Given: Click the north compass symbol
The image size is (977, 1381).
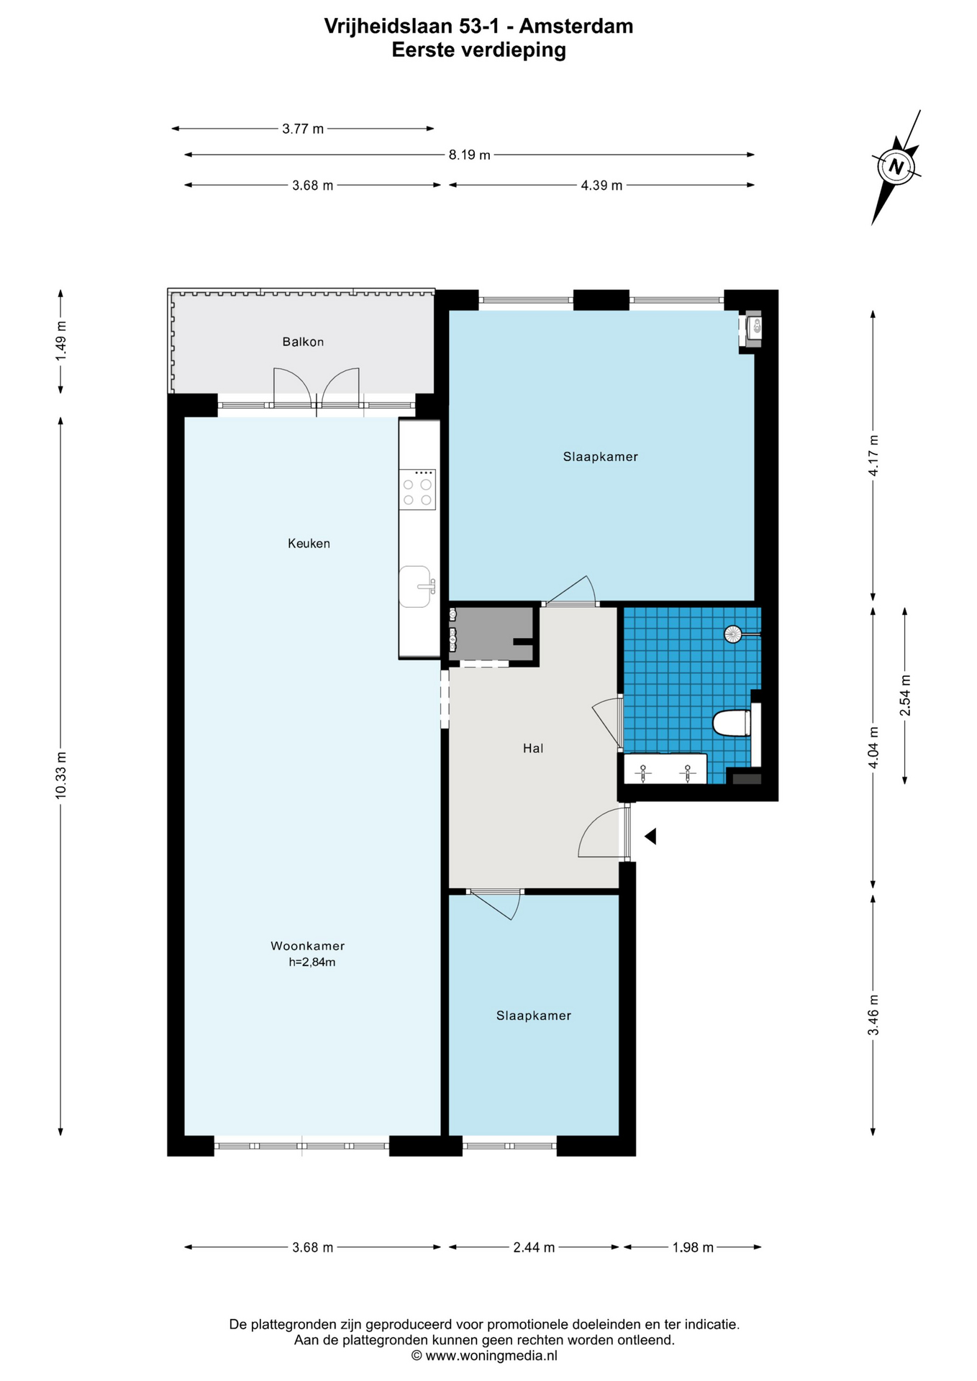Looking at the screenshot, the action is click(x=896, y=167).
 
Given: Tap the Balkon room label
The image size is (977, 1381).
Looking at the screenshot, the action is click(x=303, y=342).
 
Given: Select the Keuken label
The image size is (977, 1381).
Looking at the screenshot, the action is click(x=309, y=543).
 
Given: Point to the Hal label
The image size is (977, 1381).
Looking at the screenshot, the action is click(x=533, y=748).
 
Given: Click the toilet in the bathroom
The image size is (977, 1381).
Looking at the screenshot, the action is click(x=732, y=723).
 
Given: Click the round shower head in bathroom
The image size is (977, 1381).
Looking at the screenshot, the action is click(x=732, y=634).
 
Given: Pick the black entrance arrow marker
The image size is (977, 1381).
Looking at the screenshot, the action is click(x=650, y=836).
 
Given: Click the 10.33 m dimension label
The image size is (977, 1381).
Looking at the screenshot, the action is click(x=60, y=775).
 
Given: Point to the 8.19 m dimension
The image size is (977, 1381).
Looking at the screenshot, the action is click(x=470, y=155).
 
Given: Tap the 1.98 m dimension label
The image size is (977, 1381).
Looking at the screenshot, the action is click(x=693, y=1247).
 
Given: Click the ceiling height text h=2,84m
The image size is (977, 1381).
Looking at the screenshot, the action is click(x=312, y=962).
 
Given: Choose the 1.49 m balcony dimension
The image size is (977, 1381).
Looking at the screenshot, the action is click(x=60, y=341).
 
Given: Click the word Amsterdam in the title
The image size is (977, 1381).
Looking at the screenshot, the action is click(x=576, y=27).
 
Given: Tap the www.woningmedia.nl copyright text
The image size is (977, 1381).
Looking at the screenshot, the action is click(x=484, y=1356).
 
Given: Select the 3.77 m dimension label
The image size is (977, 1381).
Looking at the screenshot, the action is click(x=303, y=129).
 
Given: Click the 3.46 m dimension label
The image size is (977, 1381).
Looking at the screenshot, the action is click(x=873, y=1015).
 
